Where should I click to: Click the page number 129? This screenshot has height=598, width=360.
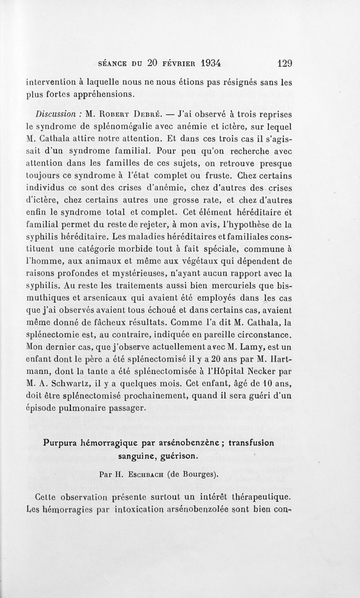click(285, 63)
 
